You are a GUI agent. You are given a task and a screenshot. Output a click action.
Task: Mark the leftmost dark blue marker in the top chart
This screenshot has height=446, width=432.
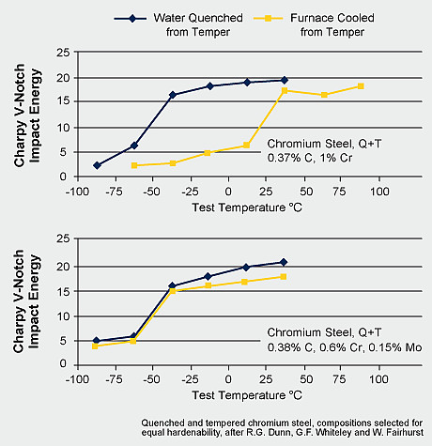[97, 165]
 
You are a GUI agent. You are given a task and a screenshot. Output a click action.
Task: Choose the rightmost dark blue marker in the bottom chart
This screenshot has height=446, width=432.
[284, 262]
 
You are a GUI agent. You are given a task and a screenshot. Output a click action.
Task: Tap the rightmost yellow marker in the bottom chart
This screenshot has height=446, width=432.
[284, 276]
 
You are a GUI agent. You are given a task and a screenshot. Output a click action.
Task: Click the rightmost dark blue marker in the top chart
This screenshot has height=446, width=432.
[284, 81]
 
